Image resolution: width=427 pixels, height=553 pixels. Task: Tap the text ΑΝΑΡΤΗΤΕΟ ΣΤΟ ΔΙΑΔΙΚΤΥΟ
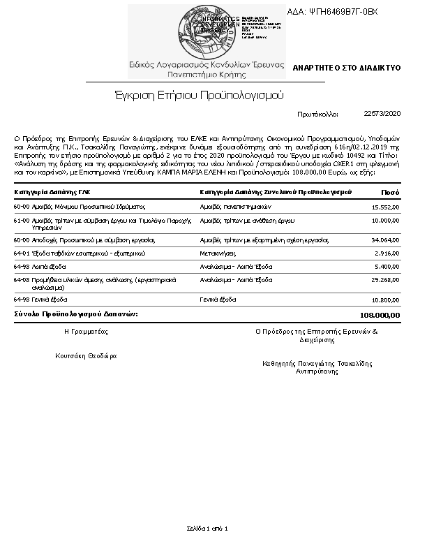tap(347, 68)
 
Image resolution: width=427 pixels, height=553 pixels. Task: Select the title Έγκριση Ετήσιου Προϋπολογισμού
tap(200, 94)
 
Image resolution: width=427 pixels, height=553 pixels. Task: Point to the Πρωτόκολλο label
tap(317, 113)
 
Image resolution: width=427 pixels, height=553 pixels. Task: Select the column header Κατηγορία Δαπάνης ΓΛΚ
tap(52, 191)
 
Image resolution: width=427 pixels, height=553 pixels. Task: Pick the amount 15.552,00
tap(385, 207)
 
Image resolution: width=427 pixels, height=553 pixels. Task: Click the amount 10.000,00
tap(385, 221)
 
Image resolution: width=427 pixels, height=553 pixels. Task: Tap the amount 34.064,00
tap(385, 239)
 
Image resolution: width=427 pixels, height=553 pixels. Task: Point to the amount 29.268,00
tap(385, 279)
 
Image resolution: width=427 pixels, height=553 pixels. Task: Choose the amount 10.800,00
tap(385, 299)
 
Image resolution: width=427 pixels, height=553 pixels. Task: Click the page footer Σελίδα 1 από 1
tap(207, 529)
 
